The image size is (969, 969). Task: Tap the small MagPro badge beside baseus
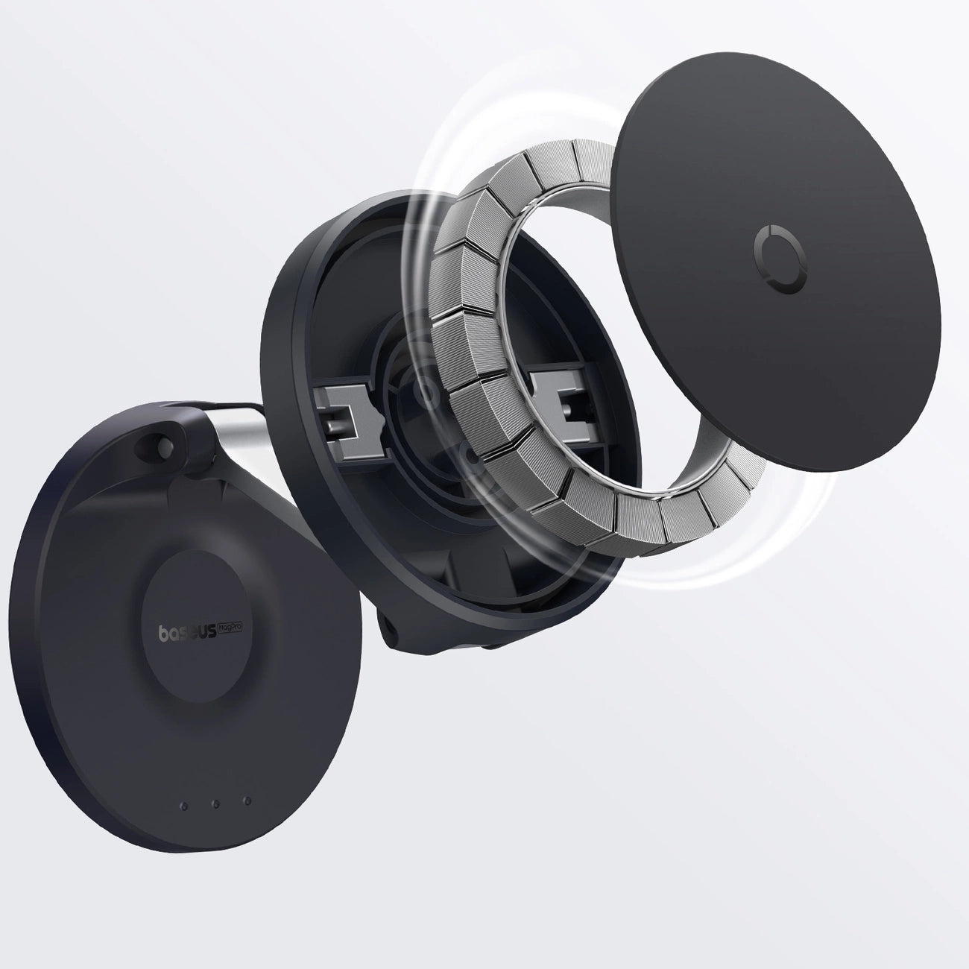[x=233, y=631]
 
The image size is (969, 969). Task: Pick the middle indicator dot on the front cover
[x=215, y=804]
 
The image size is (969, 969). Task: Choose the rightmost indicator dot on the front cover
[x=246, y=804]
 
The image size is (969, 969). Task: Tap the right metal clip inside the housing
[x=555, y=399]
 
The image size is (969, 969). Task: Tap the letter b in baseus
[x=165, y=634]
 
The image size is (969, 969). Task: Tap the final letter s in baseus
[x=211, y=632]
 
